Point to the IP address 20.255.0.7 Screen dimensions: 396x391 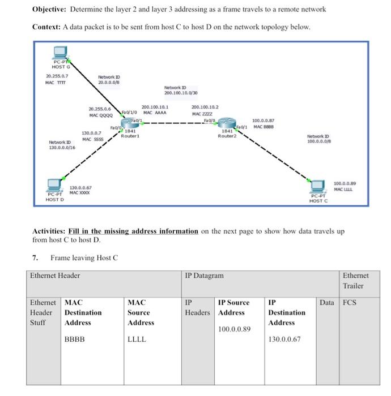pyautogui.click(x=57, y=75)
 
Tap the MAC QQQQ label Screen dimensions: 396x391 pyautogui.click(x=101, y=115)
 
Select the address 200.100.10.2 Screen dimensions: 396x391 pyautogui.click(x=206, y=106)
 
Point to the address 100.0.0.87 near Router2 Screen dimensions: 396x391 pyautogui.click(x=263, y=120)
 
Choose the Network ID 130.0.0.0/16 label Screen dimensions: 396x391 pyautogui.click(x=63, y=144)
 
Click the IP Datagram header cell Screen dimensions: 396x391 pyautogui.click(x=205, y=276)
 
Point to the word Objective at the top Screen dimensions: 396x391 pyautogui.click(x=49, y=10)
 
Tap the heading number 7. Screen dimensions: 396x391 pyautogui.click(x=35, y=258)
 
